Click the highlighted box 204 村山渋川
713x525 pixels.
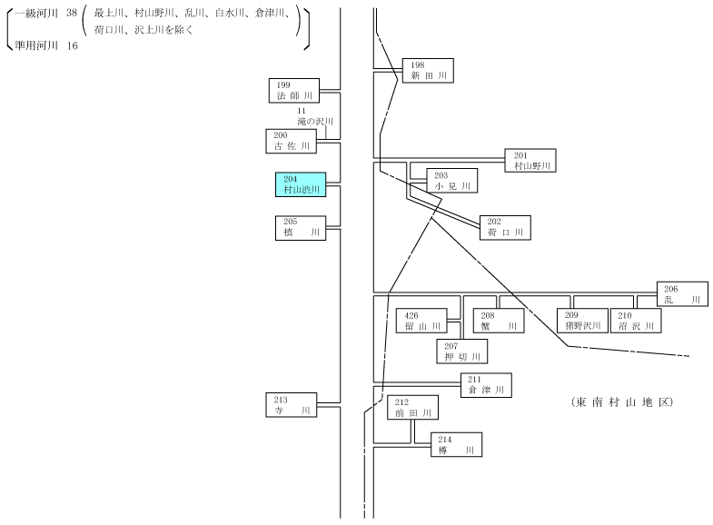coord(301,184)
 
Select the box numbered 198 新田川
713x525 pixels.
coord(428,71)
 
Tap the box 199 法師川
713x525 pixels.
coord(294,91)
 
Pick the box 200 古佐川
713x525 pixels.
coord(291,141)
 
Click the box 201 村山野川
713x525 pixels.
coord(530,161)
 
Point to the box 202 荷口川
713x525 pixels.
coord(505,228)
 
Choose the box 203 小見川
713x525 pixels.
coord(452,181)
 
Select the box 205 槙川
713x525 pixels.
coord(301,228)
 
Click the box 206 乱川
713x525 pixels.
coord(682,293)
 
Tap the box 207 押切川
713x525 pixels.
coord(462,352)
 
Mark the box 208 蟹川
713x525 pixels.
coord(499,321)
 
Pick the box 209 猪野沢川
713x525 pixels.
coord(582,321)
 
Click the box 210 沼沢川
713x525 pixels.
coord(636,321)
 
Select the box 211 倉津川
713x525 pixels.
coord(486,385)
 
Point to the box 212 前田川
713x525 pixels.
coord(413,407)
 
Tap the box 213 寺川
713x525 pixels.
coord(291,405)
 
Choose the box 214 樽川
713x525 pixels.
coord(457,444)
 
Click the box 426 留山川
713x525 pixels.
coord(421,321)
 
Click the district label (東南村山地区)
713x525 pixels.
coord(622,401)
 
